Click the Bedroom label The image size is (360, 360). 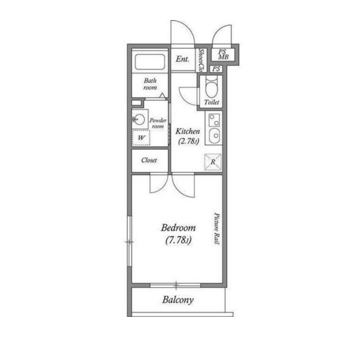tap(178, 228)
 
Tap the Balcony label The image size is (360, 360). tap(178, 300)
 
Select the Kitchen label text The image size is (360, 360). tap(188, 131)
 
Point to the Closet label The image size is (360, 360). tap(149, 160)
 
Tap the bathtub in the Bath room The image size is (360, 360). tap(150, 62)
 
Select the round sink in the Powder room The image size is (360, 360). tap(139, 119)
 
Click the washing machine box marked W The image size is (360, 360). tap(141, 138)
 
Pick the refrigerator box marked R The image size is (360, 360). tap(213, 162)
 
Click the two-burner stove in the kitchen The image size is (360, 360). tap(214, 120)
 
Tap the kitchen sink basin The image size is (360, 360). tap(214, 136)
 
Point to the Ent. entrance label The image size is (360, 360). tap(183, 59)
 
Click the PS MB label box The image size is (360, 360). tap(223, 55)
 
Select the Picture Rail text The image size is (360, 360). tap(217, 229)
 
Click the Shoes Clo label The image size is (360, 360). tap(202, 60)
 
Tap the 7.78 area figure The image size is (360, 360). tap(178, 240)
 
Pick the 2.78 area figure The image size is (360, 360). tap(188, 141)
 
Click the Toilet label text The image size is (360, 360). tap(211, 102)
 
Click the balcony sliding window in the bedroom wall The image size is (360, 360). tap(175, 285)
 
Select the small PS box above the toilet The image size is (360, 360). tap(216, 68)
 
